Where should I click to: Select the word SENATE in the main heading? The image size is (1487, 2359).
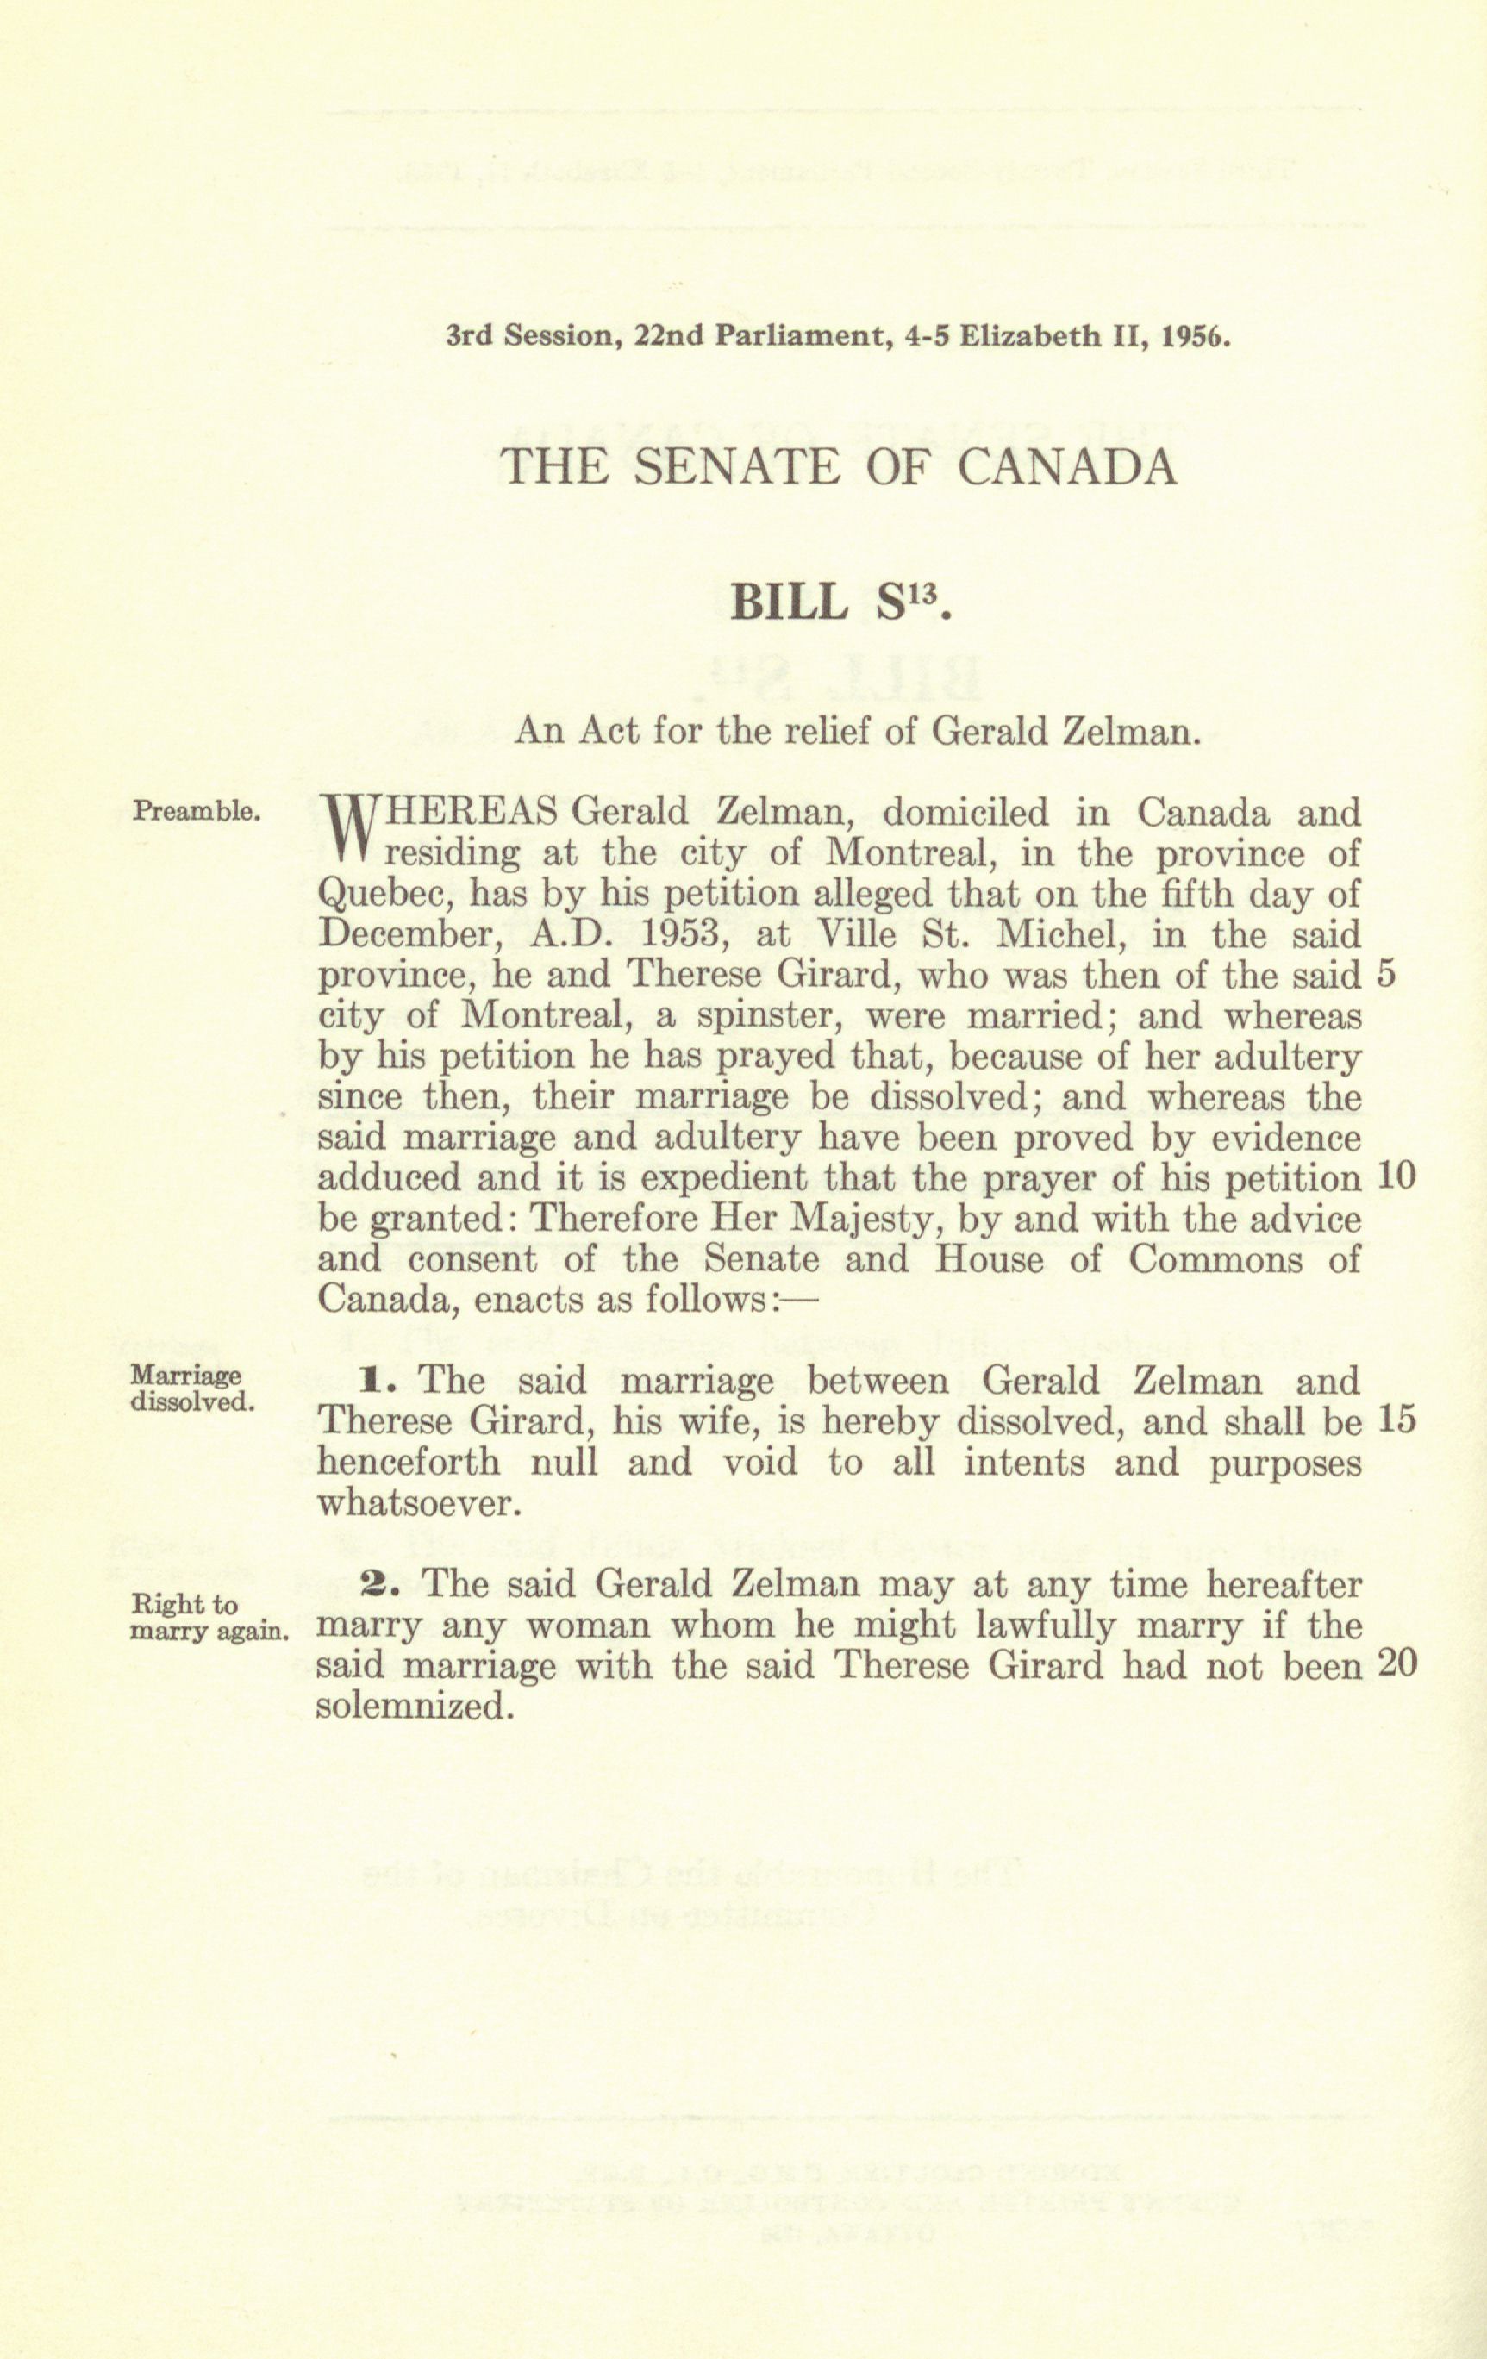[x=737, y=467]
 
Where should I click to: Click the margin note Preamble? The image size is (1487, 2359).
[x=196, y=811]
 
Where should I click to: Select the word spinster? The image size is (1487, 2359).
[x=765, y=1016]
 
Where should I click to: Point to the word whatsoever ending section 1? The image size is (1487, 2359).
[x=415, y=1504]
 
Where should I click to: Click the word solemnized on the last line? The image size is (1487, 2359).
[x=415, y=1707]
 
